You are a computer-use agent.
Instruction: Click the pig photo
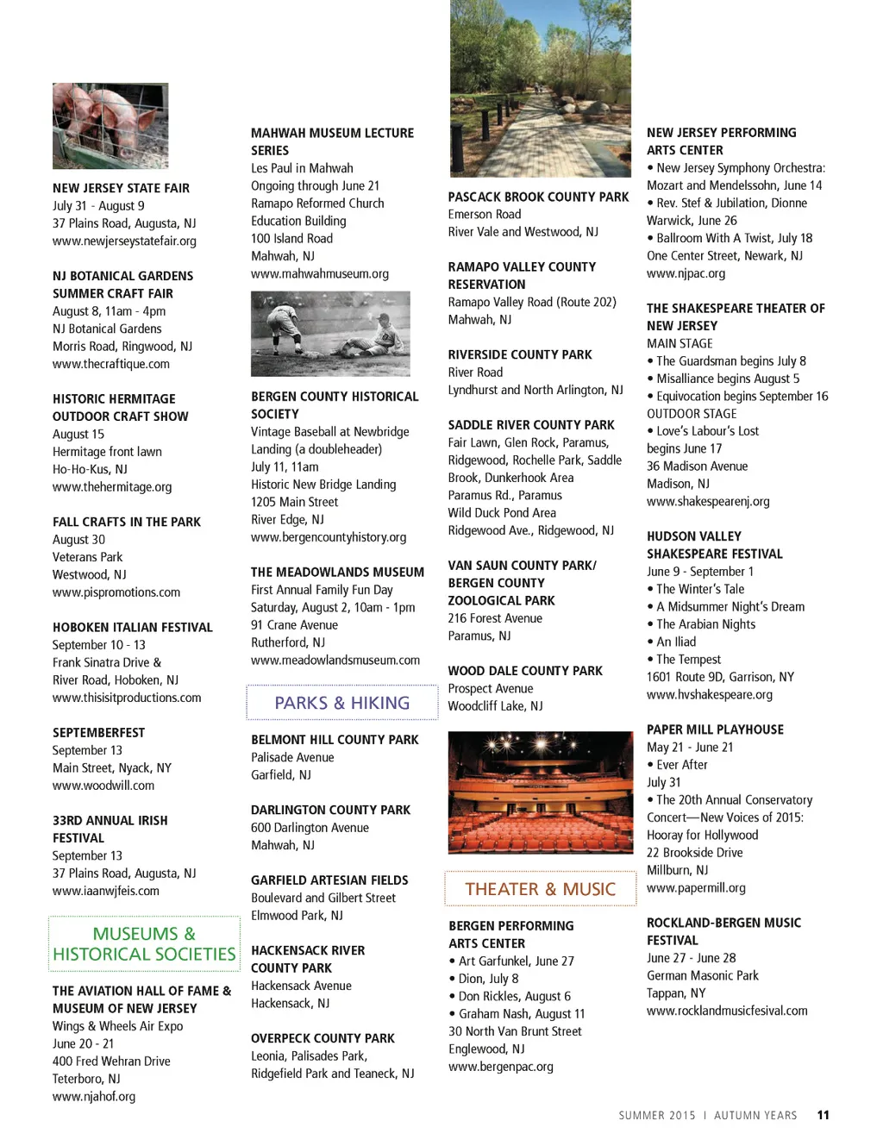[110, 126]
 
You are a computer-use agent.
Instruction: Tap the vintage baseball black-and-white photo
[330, 334]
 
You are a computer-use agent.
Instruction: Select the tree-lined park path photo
[540, 88]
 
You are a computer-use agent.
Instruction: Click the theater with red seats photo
[540, 792]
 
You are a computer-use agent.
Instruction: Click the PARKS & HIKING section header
[341, 703]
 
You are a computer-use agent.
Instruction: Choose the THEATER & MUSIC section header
[540, 889]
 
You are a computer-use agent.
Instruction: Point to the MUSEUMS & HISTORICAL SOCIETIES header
[144, 944]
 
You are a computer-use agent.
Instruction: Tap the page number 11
[824, 1115]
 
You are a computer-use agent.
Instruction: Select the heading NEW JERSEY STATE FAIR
[121, 188]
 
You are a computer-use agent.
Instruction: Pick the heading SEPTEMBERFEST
[98, 733]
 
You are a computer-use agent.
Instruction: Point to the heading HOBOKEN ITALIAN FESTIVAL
[132, 628]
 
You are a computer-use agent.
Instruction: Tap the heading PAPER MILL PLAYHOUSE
[715, 730]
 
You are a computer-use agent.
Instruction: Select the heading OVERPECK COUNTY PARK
[323, 1038]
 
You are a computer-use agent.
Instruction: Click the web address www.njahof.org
[94, 1097]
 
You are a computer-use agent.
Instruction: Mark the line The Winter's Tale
[699, 589]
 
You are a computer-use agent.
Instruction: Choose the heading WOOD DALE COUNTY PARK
[525, 671]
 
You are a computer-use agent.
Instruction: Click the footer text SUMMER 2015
[656, 1116]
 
